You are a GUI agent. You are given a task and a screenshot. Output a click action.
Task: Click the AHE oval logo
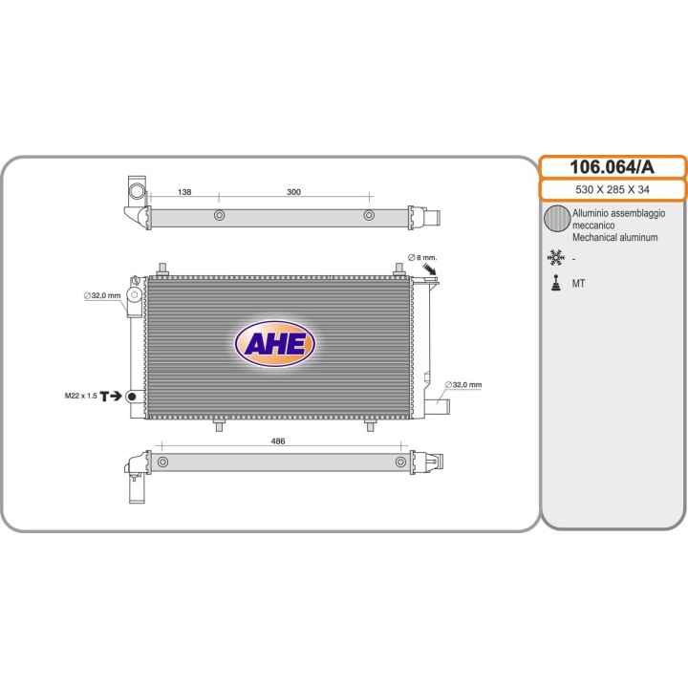(x=275, y=344)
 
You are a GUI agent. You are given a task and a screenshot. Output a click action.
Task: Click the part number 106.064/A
(x=612, y=167)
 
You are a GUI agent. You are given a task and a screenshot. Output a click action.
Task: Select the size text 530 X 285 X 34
(x=613, y=189)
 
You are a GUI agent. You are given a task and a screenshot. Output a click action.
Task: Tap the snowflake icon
(x=555, y=258)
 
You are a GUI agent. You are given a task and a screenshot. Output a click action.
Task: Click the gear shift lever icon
(x=556, y=283)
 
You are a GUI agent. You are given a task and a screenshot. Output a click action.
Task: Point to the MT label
(x=578, y=284)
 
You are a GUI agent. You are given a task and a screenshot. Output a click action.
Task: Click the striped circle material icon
(x=557, y=218)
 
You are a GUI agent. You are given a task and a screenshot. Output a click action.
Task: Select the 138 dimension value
(x=184, y=192)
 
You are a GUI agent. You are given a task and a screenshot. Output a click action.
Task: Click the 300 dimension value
(x=293, y=192)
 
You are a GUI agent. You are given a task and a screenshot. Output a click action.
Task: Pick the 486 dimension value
(x=278, y=441)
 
